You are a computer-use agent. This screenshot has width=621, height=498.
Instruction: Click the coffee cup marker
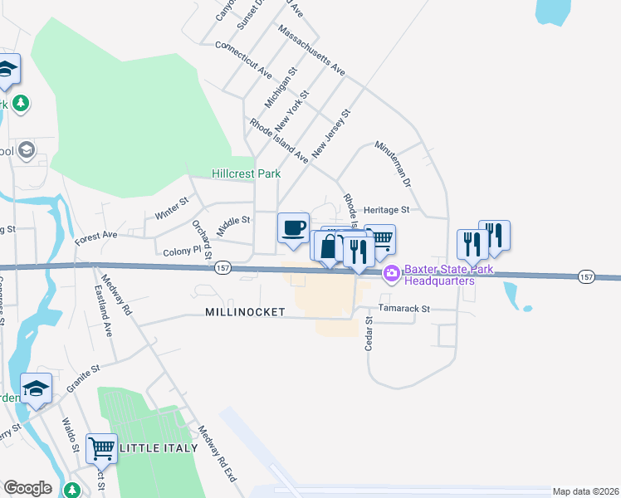293,227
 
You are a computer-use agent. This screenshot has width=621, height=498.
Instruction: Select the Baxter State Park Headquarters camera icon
392,273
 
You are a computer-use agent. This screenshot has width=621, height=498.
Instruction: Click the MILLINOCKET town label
245,312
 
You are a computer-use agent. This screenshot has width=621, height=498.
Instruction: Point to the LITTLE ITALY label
159,448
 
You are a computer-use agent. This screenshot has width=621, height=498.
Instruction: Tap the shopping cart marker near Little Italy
101,448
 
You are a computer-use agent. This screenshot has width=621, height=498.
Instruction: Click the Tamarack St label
404,308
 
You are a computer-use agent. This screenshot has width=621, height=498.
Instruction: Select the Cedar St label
369,333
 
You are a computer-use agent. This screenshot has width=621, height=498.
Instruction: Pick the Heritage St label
388,211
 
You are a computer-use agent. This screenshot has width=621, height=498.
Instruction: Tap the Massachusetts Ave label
312,51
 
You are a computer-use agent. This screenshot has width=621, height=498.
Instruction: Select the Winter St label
173,207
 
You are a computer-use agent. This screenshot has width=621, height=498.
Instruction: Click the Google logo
27,488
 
